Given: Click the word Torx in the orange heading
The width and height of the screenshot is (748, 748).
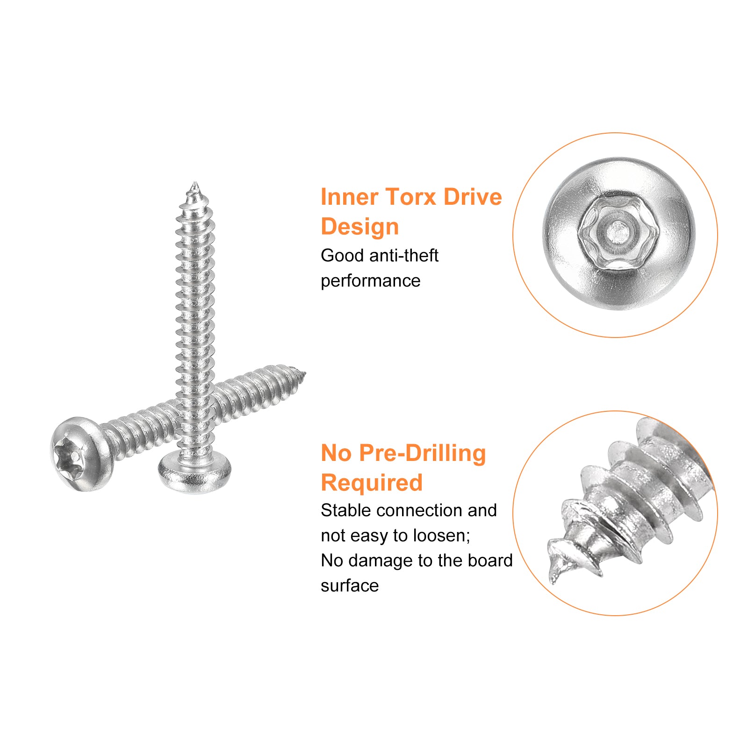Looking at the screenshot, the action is tap(411, 197).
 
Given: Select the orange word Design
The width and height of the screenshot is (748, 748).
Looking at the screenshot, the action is tap(360, 227).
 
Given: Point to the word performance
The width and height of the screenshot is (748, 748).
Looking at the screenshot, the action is tap(370, 281).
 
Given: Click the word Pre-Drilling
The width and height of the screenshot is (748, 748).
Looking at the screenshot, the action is tap(423, 453).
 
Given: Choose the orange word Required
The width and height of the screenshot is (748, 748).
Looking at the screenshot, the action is tap(372, 483).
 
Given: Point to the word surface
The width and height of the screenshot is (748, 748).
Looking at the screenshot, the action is tap(349, 586).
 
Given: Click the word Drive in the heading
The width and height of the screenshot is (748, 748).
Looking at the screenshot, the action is tap(473, 197).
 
